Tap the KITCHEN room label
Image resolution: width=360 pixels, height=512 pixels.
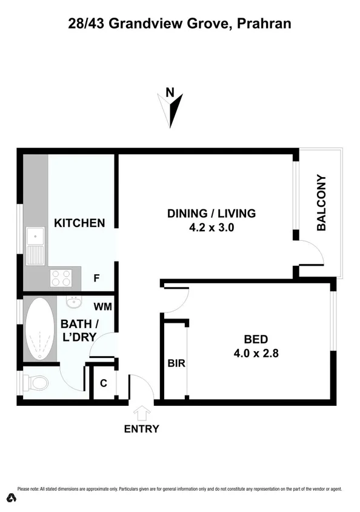[x=79, y=223]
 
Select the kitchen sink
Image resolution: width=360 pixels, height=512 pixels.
[x=35, y=245]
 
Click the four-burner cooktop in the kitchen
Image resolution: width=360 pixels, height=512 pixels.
[x=61, y=278]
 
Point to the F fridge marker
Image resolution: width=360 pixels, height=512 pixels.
[x=96, y=278]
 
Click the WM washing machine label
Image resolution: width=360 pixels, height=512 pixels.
[x=102, y=306]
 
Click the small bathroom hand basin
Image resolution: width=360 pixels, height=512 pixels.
[x=73, y=302]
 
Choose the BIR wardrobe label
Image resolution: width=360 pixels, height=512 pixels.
[x=176, y=364]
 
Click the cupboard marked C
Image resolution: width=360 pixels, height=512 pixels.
[x=104, y=383]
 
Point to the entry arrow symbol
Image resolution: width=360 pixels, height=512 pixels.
[x=142, y=414]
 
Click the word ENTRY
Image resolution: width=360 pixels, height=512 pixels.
[x=141, y=429]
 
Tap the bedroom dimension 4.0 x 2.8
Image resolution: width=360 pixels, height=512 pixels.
[x=256, y=352]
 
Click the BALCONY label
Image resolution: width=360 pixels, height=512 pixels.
[x=321, y=203]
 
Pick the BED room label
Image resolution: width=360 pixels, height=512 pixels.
[x=255, y=339]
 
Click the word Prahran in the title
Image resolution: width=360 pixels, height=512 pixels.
[x=265, y=24]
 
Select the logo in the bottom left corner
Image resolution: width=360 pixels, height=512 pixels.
[x=9, y=499]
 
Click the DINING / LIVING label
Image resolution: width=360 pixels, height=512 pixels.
[x=212, y=214]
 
